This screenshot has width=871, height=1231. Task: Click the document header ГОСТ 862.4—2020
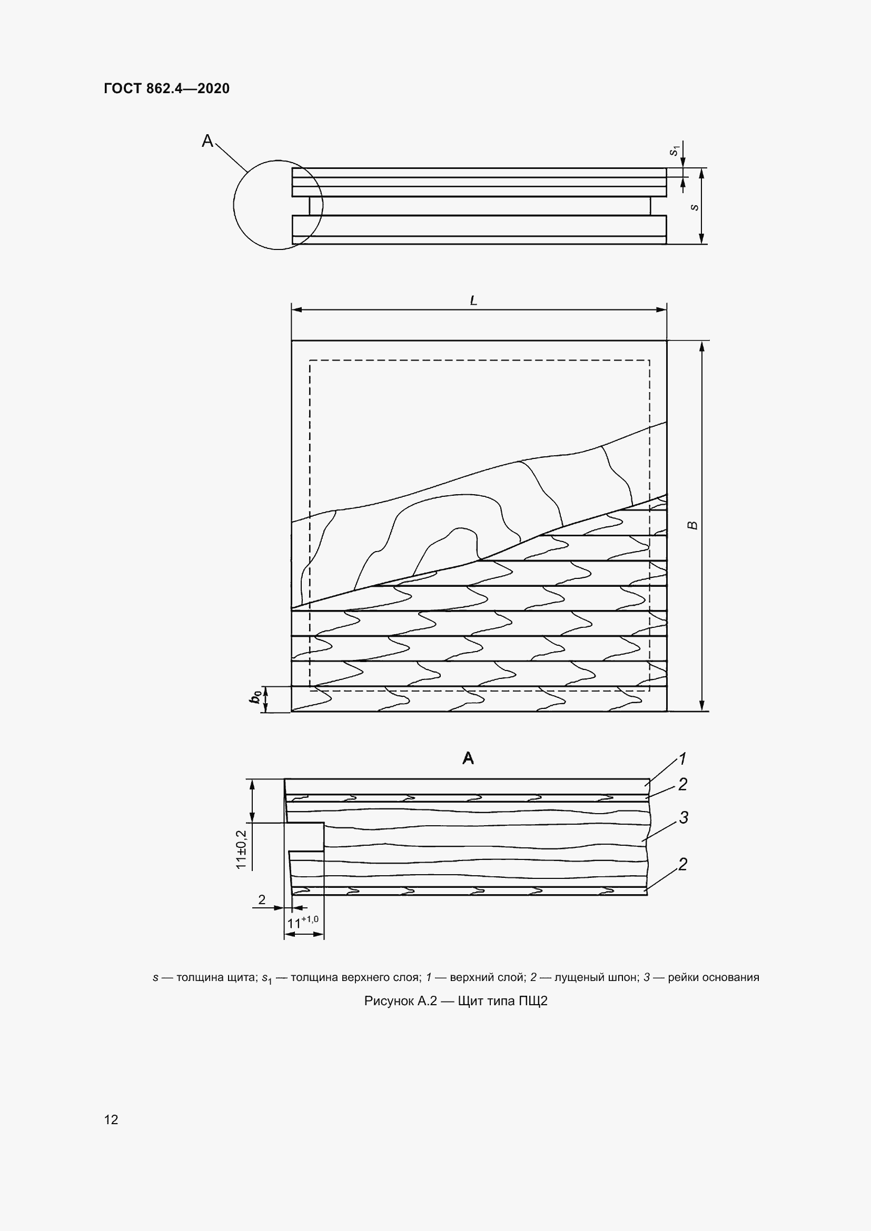tap(167, 88)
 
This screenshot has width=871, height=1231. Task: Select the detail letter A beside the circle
tap(207, 141)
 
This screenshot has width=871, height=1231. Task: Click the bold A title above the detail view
tap(468, 758)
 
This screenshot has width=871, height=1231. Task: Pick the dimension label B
tap(693, 525)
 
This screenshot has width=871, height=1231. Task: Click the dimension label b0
tap(257, 697)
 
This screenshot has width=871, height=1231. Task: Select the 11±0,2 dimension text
tap(241, 850)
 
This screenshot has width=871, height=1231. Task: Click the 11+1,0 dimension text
tap(303, 923)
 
